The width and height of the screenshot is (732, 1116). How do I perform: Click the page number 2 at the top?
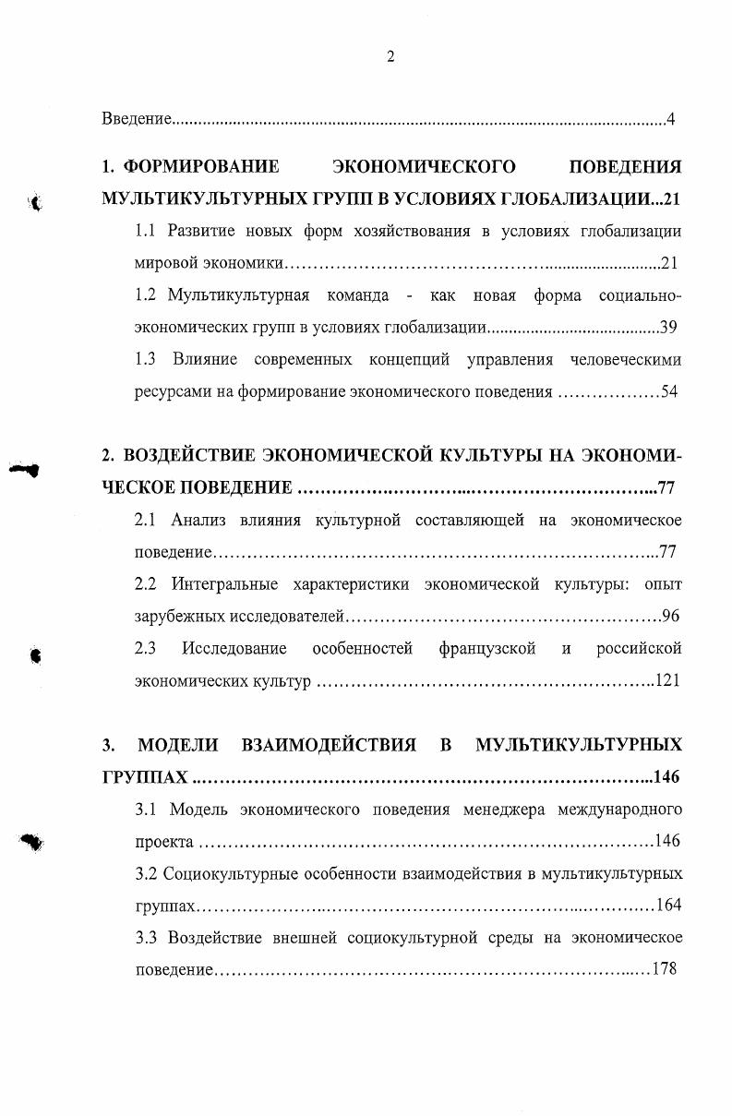coord(390,57)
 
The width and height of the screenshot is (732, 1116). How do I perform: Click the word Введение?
coord(137,119)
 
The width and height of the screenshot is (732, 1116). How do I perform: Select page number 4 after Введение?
coord(671,119)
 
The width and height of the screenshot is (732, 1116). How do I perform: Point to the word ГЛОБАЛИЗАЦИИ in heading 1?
coord(576,199)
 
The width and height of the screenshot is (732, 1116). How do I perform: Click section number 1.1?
coord(146,231)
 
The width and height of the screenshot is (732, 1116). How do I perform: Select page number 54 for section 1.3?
coord(669,391)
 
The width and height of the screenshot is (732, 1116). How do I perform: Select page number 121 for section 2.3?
coord(666,681)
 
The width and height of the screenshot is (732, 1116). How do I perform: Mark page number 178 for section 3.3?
coord(664,969)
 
